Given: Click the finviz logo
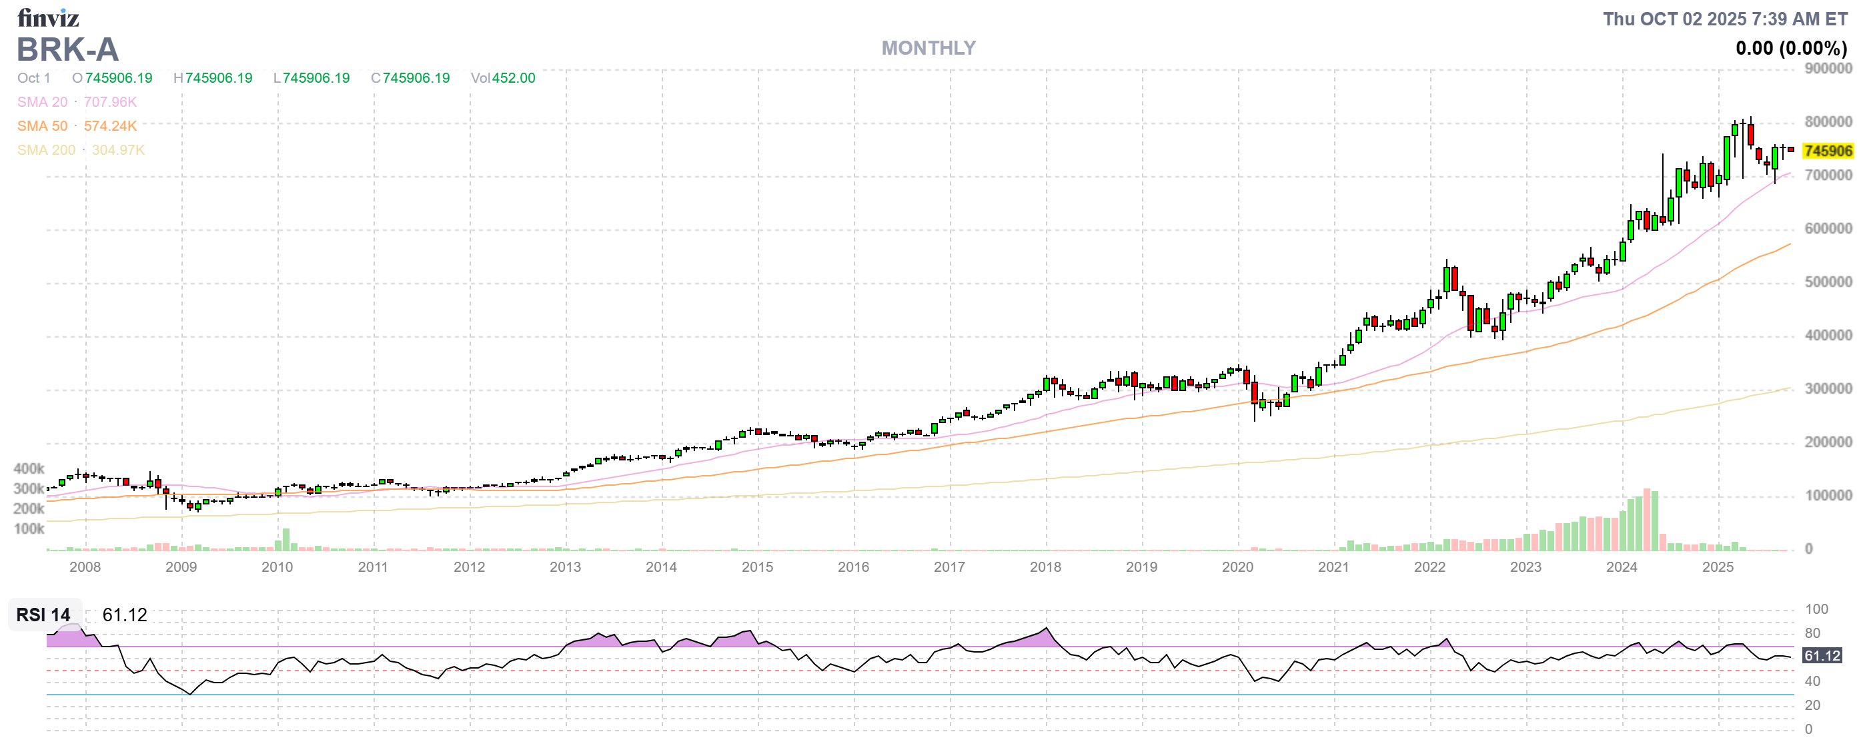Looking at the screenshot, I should tap(48, 17).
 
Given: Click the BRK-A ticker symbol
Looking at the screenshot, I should tap(67, 50).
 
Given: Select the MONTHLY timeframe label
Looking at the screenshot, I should tap(928, 49).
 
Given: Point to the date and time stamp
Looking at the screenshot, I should tap(1724, 19).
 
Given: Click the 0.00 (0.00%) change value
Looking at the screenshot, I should tap(1790, 49).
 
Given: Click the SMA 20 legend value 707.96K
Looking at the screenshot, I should tap(110, 102).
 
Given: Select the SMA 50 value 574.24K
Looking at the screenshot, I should tap(110, 126).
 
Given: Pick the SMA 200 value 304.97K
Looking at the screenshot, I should tap(118, 150).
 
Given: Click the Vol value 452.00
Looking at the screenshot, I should tap(514, 78).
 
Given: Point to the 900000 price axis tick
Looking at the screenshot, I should tap(1828, 69).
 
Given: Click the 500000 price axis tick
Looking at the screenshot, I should tap(1828, 282).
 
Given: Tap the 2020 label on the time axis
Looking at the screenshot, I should tap(1237, 568).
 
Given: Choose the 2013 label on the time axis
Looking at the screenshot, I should tap(565, 568).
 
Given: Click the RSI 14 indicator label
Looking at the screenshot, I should tap(43, 615).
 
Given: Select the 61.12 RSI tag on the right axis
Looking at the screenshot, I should tap(1822, 657).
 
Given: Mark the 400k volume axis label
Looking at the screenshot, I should tap(29, 469).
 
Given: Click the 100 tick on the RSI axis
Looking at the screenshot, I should tap(1816, 610).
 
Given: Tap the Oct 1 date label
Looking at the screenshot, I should tap(34, 78).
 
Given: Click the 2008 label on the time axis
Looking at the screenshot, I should tap(85, 568).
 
